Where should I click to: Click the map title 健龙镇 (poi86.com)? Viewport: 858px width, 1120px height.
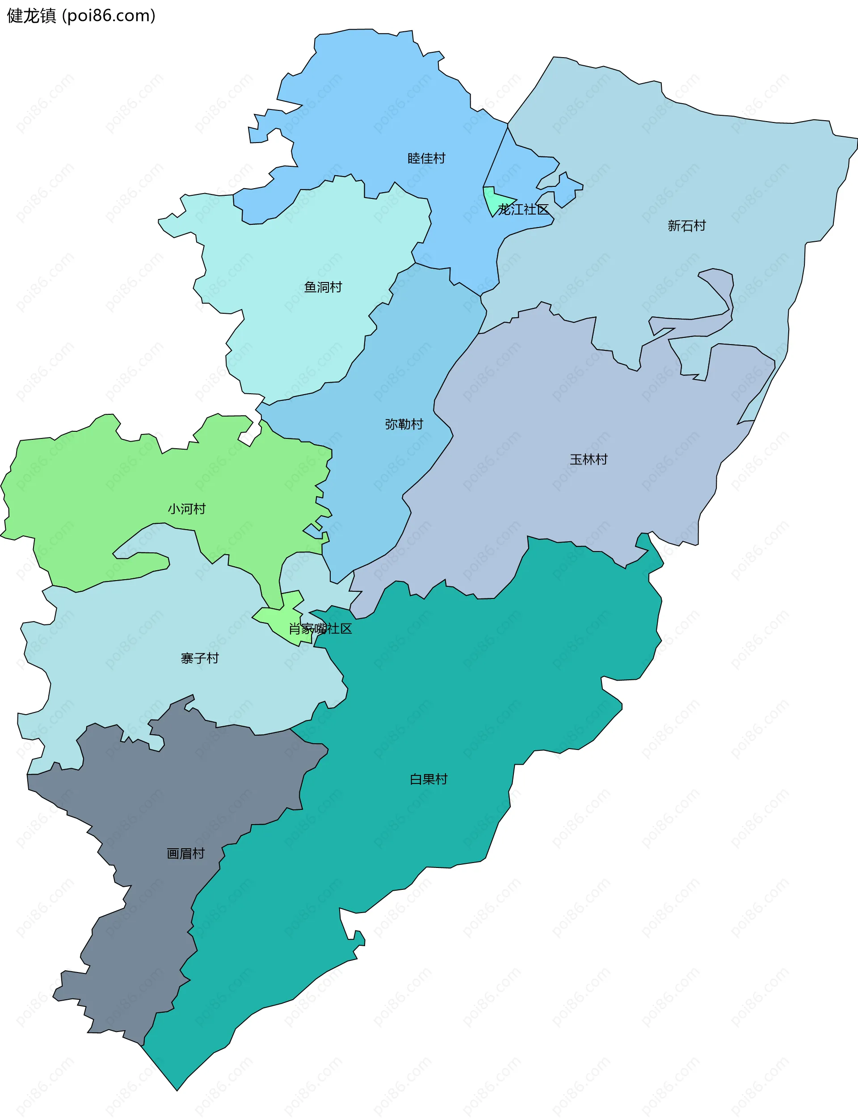point(81,16)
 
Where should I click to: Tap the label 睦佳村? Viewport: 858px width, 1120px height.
point(426,158)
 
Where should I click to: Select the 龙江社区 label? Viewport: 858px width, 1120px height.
point(523,210)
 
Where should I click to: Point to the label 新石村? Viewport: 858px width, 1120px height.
point(686,226)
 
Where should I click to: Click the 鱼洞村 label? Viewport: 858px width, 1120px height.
point(323,287)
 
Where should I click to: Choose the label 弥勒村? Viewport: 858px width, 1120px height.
point(404,424)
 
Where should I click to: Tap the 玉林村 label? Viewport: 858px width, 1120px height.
point(589,459)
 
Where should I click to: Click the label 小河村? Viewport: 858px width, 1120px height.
point(186,509)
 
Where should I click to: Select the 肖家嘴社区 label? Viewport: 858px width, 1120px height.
point(320,629)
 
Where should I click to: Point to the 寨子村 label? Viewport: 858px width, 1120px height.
point(199,658)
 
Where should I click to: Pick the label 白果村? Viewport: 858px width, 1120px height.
point(429,779)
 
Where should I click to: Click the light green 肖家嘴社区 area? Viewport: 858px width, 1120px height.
point(278,620)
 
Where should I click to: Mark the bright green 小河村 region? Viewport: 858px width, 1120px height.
point(102,485)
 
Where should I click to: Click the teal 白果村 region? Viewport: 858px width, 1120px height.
point(460,690)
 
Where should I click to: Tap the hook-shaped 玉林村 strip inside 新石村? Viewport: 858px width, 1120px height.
point(725,296)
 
